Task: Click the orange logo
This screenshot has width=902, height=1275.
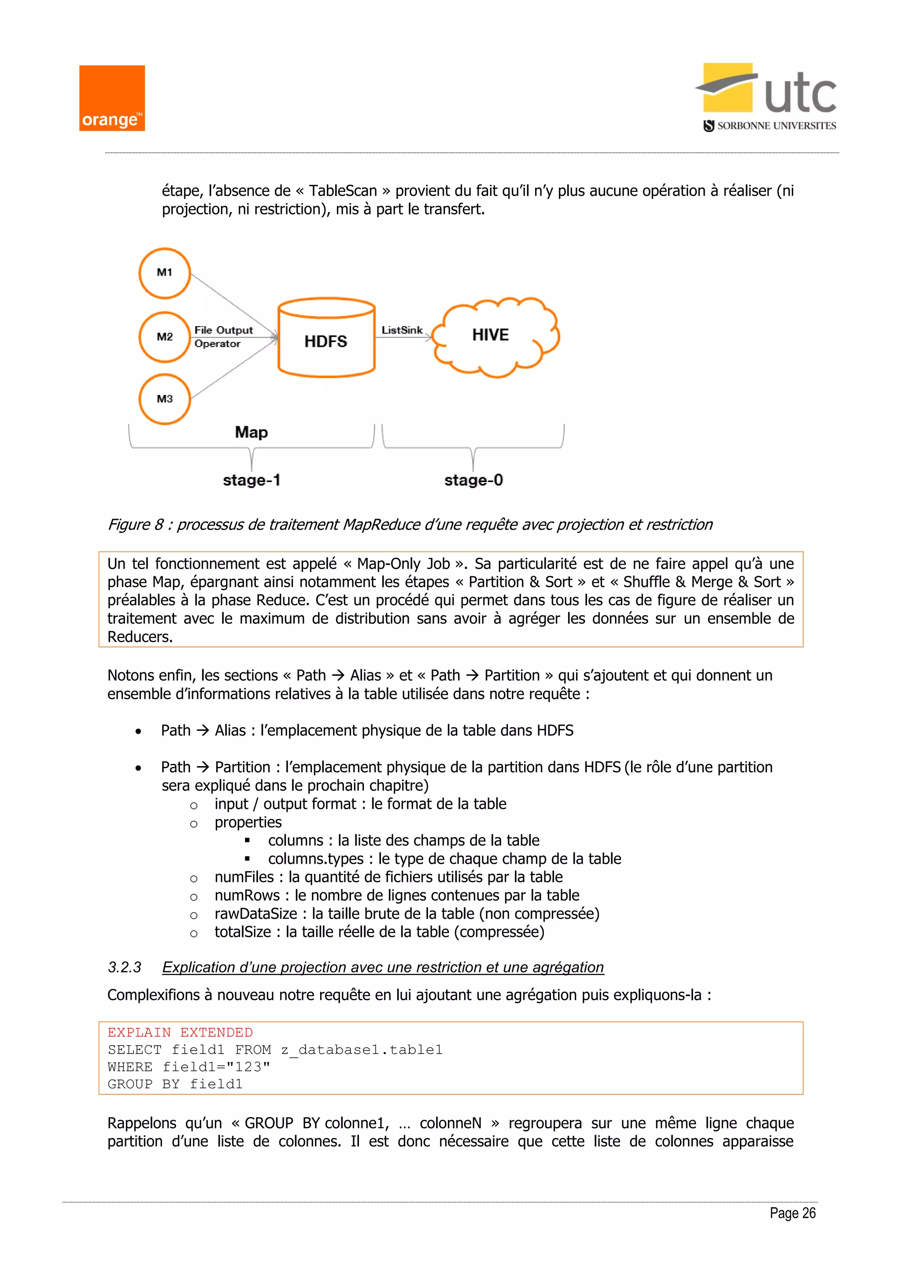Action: (x=111, y=98)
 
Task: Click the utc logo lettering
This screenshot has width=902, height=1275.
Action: (x=800, y=94)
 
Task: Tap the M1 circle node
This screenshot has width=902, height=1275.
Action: (x=164, y=273)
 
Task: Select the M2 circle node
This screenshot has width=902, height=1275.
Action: (x=164, y=336)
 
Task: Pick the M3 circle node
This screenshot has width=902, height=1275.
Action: (x=164, y=399)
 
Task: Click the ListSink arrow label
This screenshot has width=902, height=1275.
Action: (x=402, y=330)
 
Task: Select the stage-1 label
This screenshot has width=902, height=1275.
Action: (x=251, y=480)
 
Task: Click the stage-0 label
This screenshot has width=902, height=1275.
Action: (x=473, y=480)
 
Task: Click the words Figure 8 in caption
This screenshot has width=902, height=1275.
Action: (x=136, y=524)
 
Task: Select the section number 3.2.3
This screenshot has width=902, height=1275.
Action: (x=124, y=967)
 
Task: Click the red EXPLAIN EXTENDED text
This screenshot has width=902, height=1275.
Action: (x=180, y=1032)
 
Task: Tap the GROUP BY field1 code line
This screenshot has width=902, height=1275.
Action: (x=175, y=1084)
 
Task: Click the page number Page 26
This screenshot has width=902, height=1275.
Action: (x=792, y=1213)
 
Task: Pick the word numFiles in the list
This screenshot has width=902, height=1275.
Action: (x=244, y=877)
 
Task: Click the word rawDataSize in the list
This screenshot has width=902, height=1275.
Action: (x=255, y=914)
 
